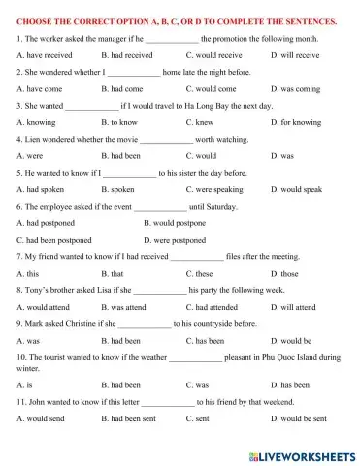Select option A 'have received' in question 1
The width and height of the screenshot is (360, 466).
(x=45, y=55)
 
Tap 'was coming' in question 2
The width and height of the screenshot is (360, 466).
(x=292, y=87)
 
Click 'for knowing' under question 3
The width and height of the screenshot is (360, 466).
(x=295, y=120)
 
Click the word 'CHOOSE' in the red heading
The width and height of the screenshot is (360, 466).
(x=35, y=20)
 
